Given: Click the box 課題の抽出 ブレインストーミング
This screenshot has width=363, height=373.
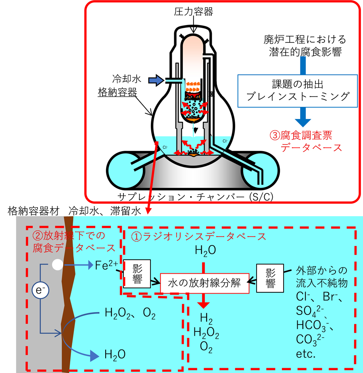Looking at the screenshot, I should tap(297, 90).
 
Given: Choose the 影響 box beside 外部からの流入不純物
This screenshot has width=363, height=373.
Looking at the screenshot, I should tap(270, 277).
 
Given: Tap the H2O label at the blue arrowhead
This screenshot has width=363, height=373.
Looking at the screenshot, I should tap(115, 355).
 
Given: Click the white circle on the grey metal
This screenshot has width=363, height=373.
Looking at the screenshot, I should tap(57, 265).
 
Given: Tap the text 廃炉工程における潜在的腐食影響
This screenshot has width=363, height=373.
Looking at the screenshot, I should tap(305, 45).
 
